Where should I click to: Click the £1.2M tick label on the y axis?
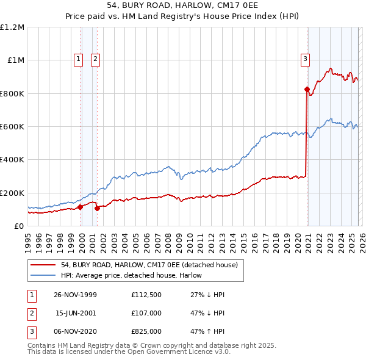click(12, 27)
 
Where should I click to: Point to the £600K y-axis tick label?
click(12, 127)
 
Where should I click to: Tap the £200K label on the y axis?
click(12, 193)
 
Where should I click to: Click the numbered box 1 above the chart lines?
click(79, 59)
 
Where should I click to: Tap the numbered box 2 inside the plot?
click(96, 59)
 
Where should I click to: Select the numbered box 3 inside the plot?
click(304, 59)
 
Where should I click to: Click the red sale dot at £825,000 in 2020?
click(307, 90)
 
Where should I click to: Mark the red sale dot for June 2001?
click(97, 209)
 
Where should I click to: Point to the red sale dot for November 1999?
click(81, 207)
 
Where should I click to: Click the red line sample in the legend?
click(43, 265)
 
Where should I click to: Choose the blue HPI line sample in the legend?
click(43, 275)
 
